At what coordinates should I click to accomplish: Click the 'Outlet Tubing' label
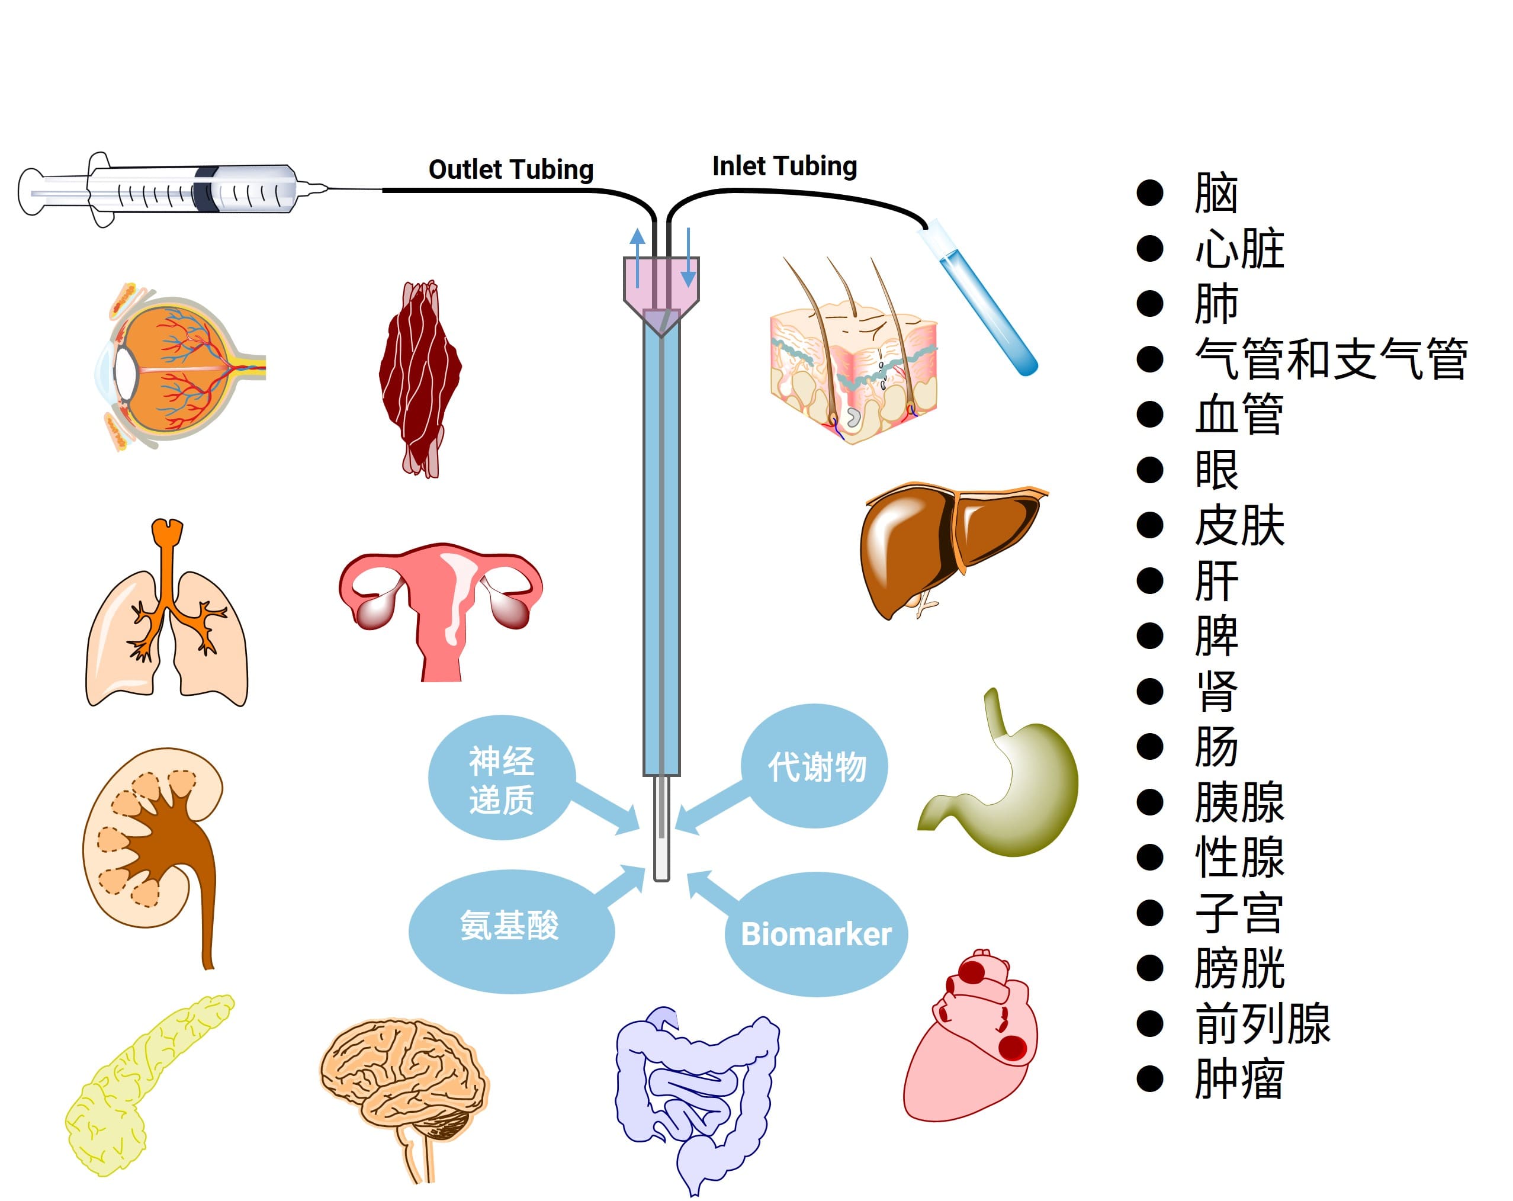pos(511,170)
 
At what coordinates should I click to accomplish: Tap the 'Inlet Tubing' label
pos(785,166)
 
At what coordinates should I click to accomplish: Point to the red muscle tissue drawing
pos(420,379)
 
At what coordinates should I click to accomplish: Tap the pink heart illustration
pos(972,1039)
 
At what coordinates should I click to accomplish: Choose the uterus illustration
pos(441,596)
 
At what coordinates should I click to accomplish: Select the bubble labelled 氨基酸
pos(510,925)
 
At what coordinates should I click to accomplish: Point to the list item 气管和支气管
pos(1330,359)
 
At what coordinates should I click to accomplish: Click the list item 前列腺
pos(1262,1024)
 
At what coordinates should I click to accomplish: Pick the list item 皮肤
pos(1239,526)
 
